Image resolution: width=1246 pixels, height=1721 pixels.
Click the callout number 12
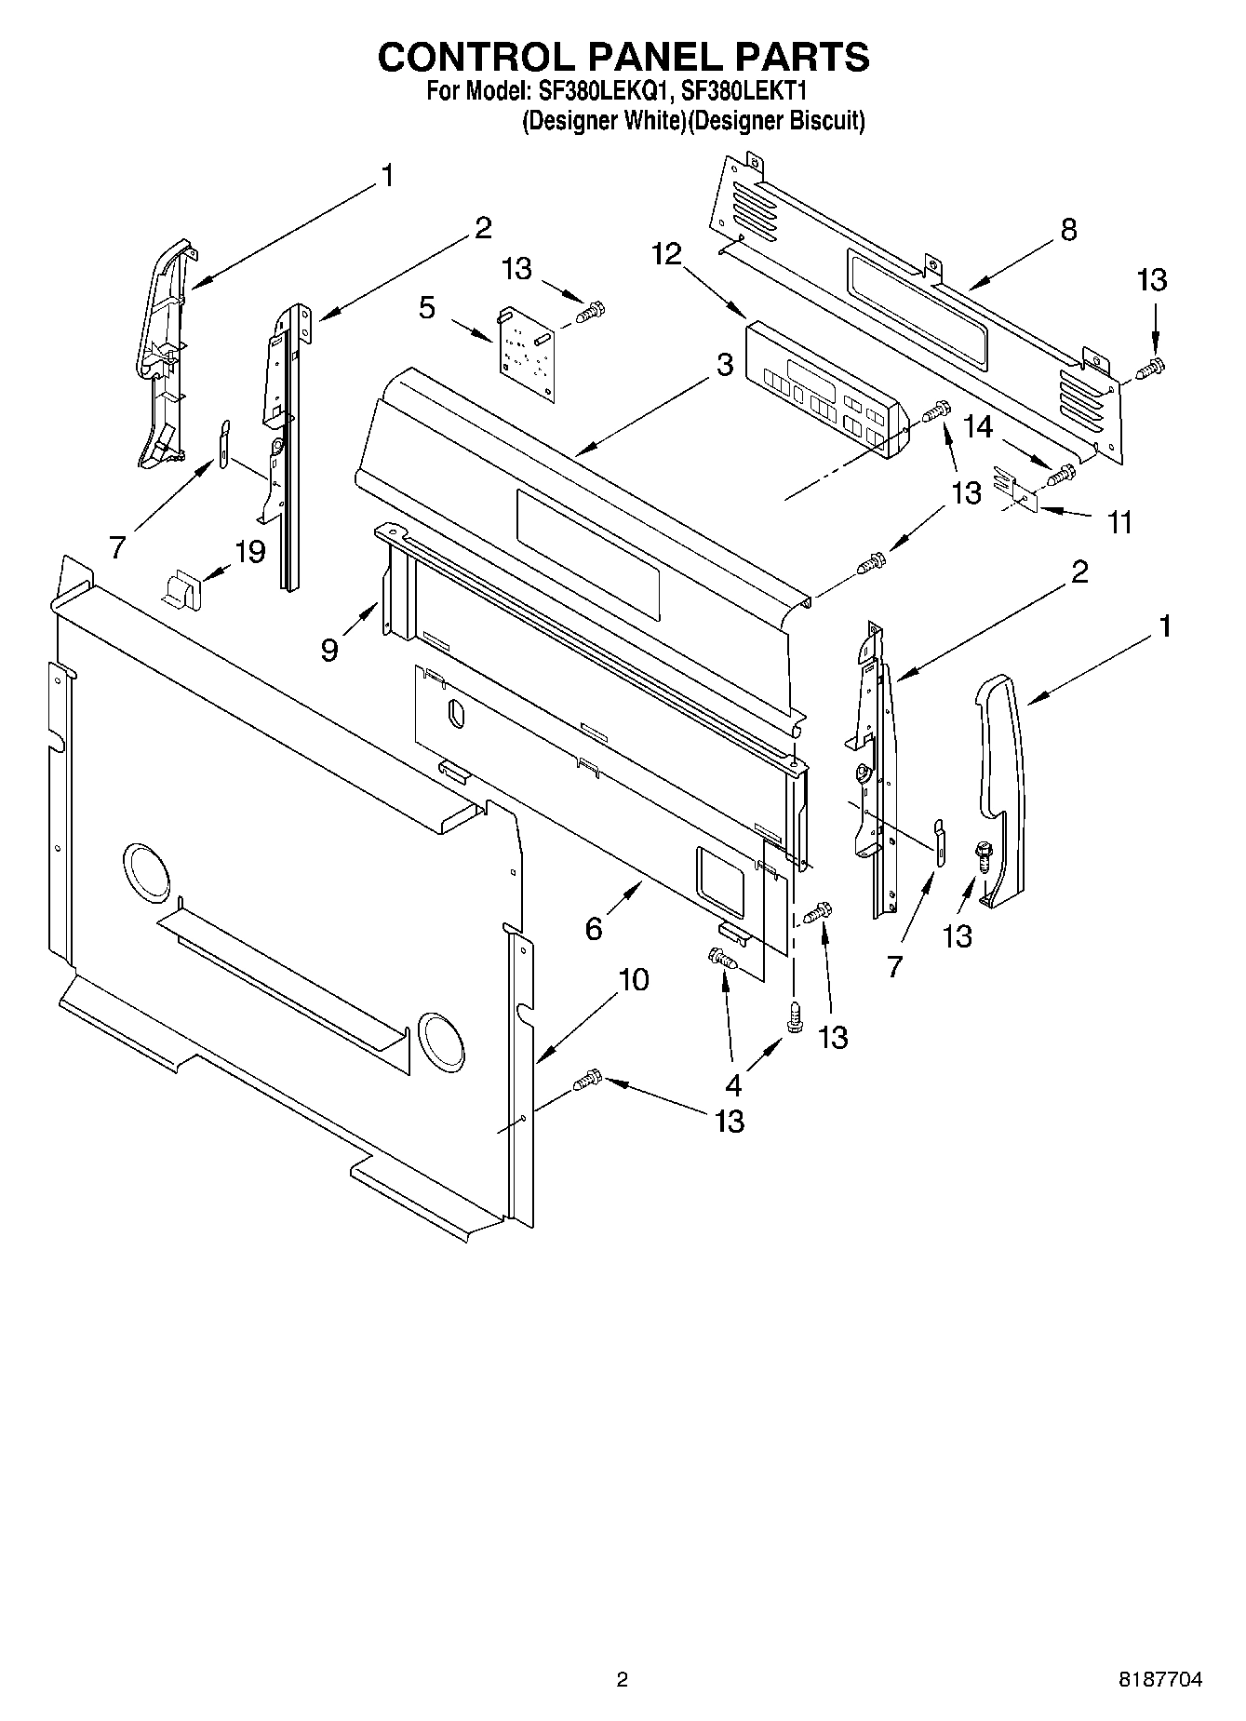666,253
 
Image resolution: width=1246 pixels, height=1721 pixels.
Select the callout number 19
249,552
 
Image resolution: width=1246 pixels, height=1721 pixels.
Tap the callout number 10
633,979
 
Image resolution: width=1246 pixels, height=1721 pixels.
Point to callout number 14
978,427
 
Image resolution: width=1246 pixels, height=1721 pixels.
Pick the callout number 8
1068,230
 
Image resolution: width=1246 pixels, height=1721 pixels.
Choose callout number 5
427,308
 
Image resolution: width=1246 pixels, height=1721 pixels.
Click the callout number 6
594,928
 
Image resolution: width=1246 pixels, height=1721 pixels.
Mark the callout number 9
329,650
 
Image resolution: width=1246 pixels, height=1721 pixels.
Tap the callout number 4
733,1084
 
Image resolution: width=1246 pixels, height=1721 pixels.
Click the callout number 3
725,366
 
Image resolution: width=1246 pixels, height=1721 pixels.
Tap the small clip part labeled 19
182,589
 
